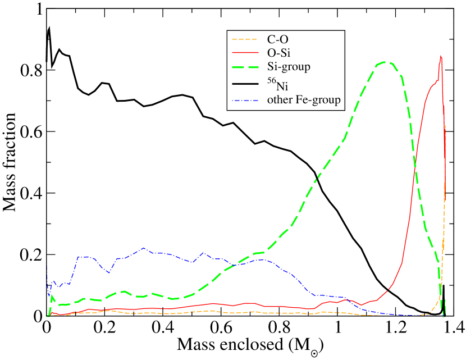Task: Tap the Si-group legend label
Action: [x=289, y=66]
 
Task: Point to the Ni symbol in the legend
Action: [x=282, y=86]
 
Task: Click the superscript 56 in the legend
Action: [x=271, y=82]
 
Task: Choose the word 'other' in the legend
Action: [x=279, y=100]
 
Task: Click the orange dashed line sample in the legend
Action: [x=244, y=39]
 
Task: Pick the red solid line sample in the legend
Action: [x=244, y=52]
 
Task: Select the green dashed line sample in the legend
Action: [x=244, y=66]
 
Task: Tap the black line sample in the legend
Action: [x=244, y=84]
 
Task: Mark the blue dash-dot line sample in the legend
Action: [x=244, y=101]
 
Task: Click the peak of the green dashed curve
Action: [x=385, y=62]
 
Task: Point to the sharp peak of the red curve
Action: [x=441, y=55]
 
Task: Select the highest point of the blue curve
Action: [x=144, y=248]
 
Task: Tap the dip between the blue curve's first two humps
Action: [x=108, y=272]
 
